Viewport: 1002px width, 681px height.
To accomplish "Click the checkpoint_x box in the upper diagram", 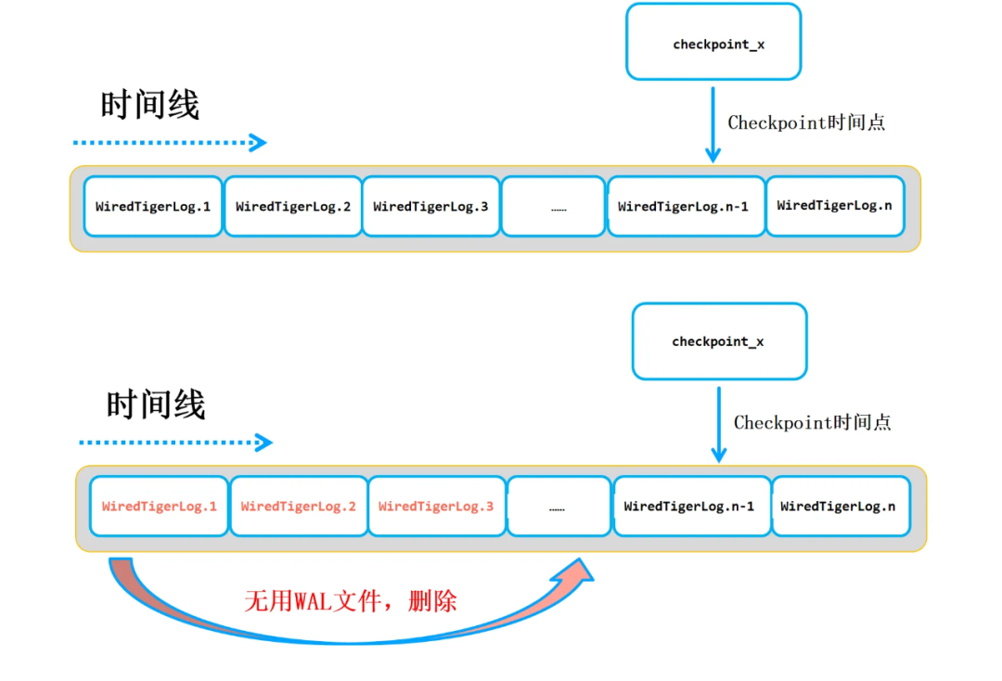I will [713, 42].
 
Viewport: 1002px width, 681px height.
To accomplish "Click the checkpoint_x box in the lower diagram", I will [719, 341].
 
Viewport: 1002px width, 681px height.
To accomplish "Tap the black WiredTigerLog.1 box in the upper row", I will [153, 206].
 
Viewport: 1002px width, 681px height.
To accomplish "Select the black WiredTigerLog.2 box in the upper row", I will [293, 206].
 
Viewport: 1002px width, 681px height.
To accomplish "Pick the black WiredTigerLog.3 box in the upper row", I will [430, 206].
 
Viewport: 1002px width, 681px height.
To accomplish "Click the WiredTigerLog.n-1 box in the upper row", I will [685, 206].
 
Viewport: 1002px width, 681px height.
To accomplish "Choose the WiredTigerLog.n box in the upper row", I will [834, 205].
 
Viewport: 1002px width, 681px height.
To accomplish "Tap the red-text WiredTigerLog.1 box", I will [159, 507].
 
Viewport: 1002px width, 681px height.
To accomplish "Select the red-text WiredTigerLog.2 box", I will [298, 507].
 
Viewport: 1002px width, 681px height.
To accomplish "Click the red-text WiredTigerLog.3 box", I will [436, 507].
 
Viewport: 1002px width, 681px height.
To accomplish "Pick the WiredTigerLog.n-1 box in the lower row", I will [691, 507].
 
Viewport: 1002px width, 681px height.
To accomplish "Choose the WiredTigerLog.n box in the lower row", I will [838, 507].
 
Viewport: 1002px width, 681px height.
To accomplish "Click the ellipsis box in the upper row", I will [554, 206].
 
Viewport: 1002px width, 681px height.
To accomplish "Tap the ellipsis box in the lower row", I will [559, 507].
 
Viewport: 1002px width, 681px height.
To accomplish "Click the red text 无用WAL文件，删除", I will [351, 601].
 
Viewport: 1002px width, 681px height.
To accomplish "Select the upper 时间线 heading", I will [149, 105].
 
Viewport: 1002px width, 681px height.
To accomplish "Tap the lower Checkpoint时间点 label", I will [812, 423].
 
